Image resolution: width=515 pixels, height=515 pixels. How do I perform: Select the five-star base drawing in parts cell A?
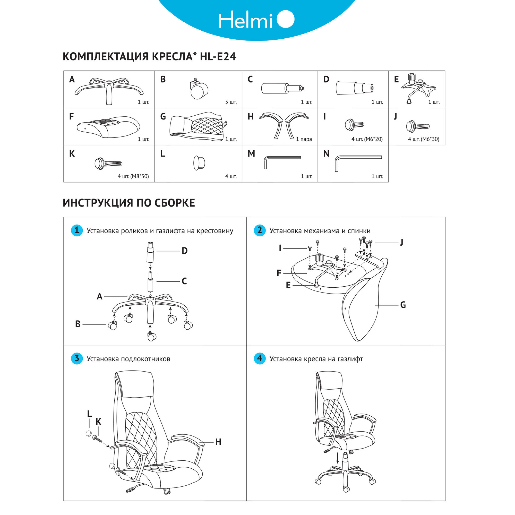tap(109, 90)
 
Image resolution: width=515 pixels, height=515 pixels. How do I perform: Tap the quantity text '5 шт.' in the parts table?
tap(231, 102)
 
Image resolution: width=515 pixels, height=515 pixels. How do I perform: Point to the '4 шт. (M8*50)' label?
tap(133, 176)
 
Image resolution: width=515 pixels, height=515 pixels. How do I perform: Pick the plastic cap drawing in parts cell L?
tap(199, 162)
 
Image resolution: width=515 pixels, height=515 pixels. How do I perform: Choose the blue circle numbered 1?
tap(77, 230)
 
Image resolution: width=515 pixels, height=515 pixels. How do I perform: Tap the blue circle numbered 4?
tap(260, 358)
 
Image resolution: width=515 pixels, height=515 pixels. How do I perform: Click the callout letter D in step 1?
tap(184, 251)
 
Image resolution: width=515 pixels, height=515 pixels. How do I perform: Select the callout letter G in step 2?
tap(403, 305)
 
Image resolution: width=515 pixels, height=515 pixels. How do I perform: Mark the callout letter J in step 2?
tap(401, 242)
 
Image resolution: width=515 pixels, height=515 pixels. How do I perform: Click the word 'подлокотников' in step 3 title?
tap(145, 359)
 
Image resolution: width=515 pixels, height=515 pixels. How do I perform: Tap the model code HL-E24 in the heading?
tap(218, 57)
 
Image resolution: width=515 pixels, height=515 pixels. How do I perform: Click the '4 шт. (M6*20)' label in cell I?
tap(367, 139)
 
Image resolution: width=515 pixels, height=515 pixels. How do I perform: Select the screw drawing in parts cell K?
tap(108, 163)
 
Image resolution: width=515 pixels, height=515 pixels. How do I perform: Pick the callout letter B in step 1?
tap(78, 324)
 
